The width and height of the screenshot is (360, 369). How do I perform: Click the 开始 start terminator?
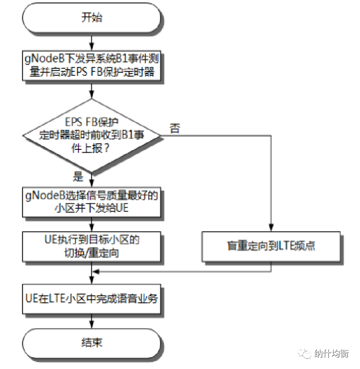[x=91, y=18]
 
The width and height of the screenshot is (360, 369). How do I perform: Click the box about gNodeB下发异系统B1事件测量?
[x=91, y=66]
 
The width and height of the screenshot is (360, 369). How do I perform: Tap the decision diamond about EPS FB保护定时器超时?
[x=91, y=136]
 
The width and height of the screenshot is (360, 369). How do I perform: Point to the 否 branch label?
[x=175, y=128]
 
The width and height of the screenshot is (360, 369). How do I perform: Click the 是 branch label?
[x=79, y=177]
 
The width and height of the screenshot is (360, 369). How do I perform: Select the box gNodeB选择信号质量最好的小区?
[x=91, y=202]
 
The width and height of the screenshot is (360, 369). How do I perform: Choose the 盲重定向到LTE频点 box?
[x=271, y=246]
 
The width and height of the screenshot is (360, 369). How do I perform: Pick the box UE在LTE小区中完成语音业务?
[x=91, y=298]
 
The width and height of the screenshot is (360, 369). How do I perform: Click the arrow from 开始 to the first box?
[x=91, y=41]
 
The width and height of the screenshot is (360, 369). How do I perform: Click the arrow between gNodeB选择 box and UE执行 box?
[x=91, y=224]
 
